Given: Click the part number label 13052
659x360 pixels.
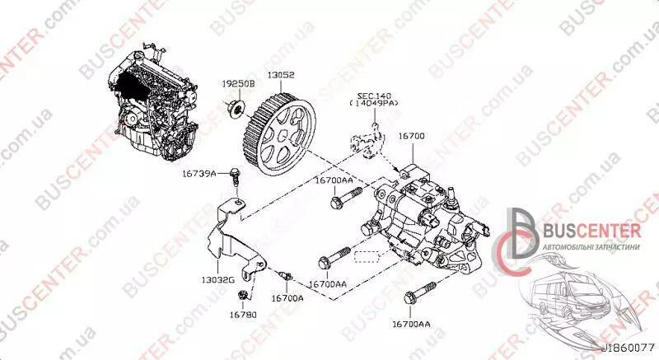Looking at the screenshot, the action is click(x=281, y=75).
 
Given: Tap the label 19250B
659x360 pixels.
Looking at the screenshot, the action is click(x=238, y=84).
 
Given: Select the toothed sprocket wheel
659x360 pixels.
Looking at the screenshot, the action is click(x=279, y=134).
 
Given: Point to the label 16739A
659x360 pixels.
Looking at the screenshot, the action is click(x=199, y=173).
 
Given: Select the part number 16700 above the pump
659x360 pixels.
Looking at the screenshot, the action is click(x=411, y=136).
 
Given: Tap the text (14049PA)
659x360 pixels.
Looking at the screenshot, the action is click(x=374, y=103).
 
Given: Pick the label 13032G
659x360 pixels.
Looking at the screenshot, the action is click(x=217, y=279).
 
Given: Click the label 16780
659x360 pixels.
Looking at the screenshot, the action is click(x=243, y=314).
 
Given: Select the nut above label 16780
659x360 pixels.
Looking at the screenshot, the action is click(x=242, y=294).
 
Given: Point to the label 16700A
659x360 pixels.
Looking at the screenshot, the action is click(x=287, y=298).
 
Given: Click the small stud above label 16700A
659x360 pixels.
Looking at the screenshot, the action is click(x=285, y=275).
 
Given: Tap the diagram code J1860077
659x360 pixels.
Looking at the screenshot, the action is click(x=629, y=348).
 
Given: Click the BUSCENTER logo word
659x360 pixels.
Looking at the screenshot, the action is click(x=591, y=231).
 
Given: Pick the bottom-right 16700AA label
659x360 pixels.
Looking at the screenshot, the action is click(x=411, y=324).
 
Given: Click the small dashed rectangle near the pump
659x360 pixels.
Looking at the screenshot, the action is click(x=367, y=256).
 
